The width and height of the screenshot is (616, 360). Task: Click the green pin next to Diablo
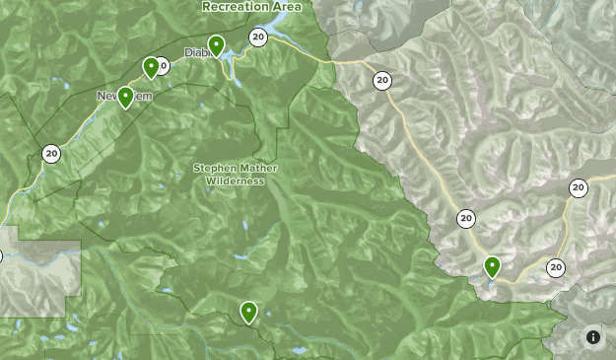coord(216,44)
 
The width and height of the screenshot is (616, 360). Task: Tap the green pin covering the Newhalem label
coord(126,97)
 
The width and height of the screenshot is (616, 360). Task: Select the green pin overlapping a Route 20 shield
coord(151,66)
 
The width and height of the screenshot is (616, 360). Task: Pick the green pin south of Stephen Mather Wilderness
coord(248,311)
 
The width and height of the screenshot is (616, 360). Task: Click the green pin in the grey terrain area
coord(492,265)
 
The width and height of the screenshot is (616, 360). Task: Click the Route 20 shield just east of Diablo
coord(257,37)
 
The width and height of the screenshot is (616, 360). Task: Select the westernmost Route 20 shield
coord(51,153)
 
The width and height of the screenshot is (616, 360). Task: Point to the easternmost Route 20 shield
coord(579,188)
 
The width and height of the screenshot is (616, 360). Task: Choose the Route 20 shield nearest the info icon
coord(556,267)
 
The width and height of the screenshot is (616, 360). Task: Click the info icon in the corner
coord(593,337)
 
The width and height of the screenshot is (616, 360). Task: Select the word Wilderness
coord(235,180)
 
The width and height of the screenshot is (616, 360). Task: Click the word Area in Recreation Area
coord(286,6)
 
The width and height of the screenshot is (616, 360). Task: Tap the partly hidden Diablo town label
coord(194,53)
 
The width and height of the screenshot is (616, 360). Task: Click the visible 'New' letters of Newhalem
coord(105,96)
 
